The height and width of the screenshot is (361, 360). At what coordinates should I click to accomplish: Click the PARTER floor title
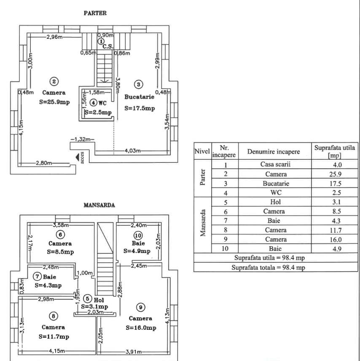[95, 13]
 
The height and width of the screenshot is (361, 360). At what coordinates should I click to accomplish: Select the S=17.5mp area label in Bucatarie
[140, 108]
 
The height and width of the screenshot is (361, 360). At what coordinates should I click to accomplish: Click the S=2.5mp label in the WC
[98, 113]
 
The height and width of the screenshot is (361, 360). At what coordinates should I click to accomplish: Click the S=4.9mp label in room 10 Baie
[137, 251]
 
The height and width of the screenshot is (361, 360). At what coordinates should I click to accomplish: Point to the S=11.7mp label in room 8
[54, 337]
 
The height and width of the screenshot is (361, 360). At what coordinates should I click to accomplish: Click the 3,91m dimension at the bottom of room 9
[134, 352]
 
